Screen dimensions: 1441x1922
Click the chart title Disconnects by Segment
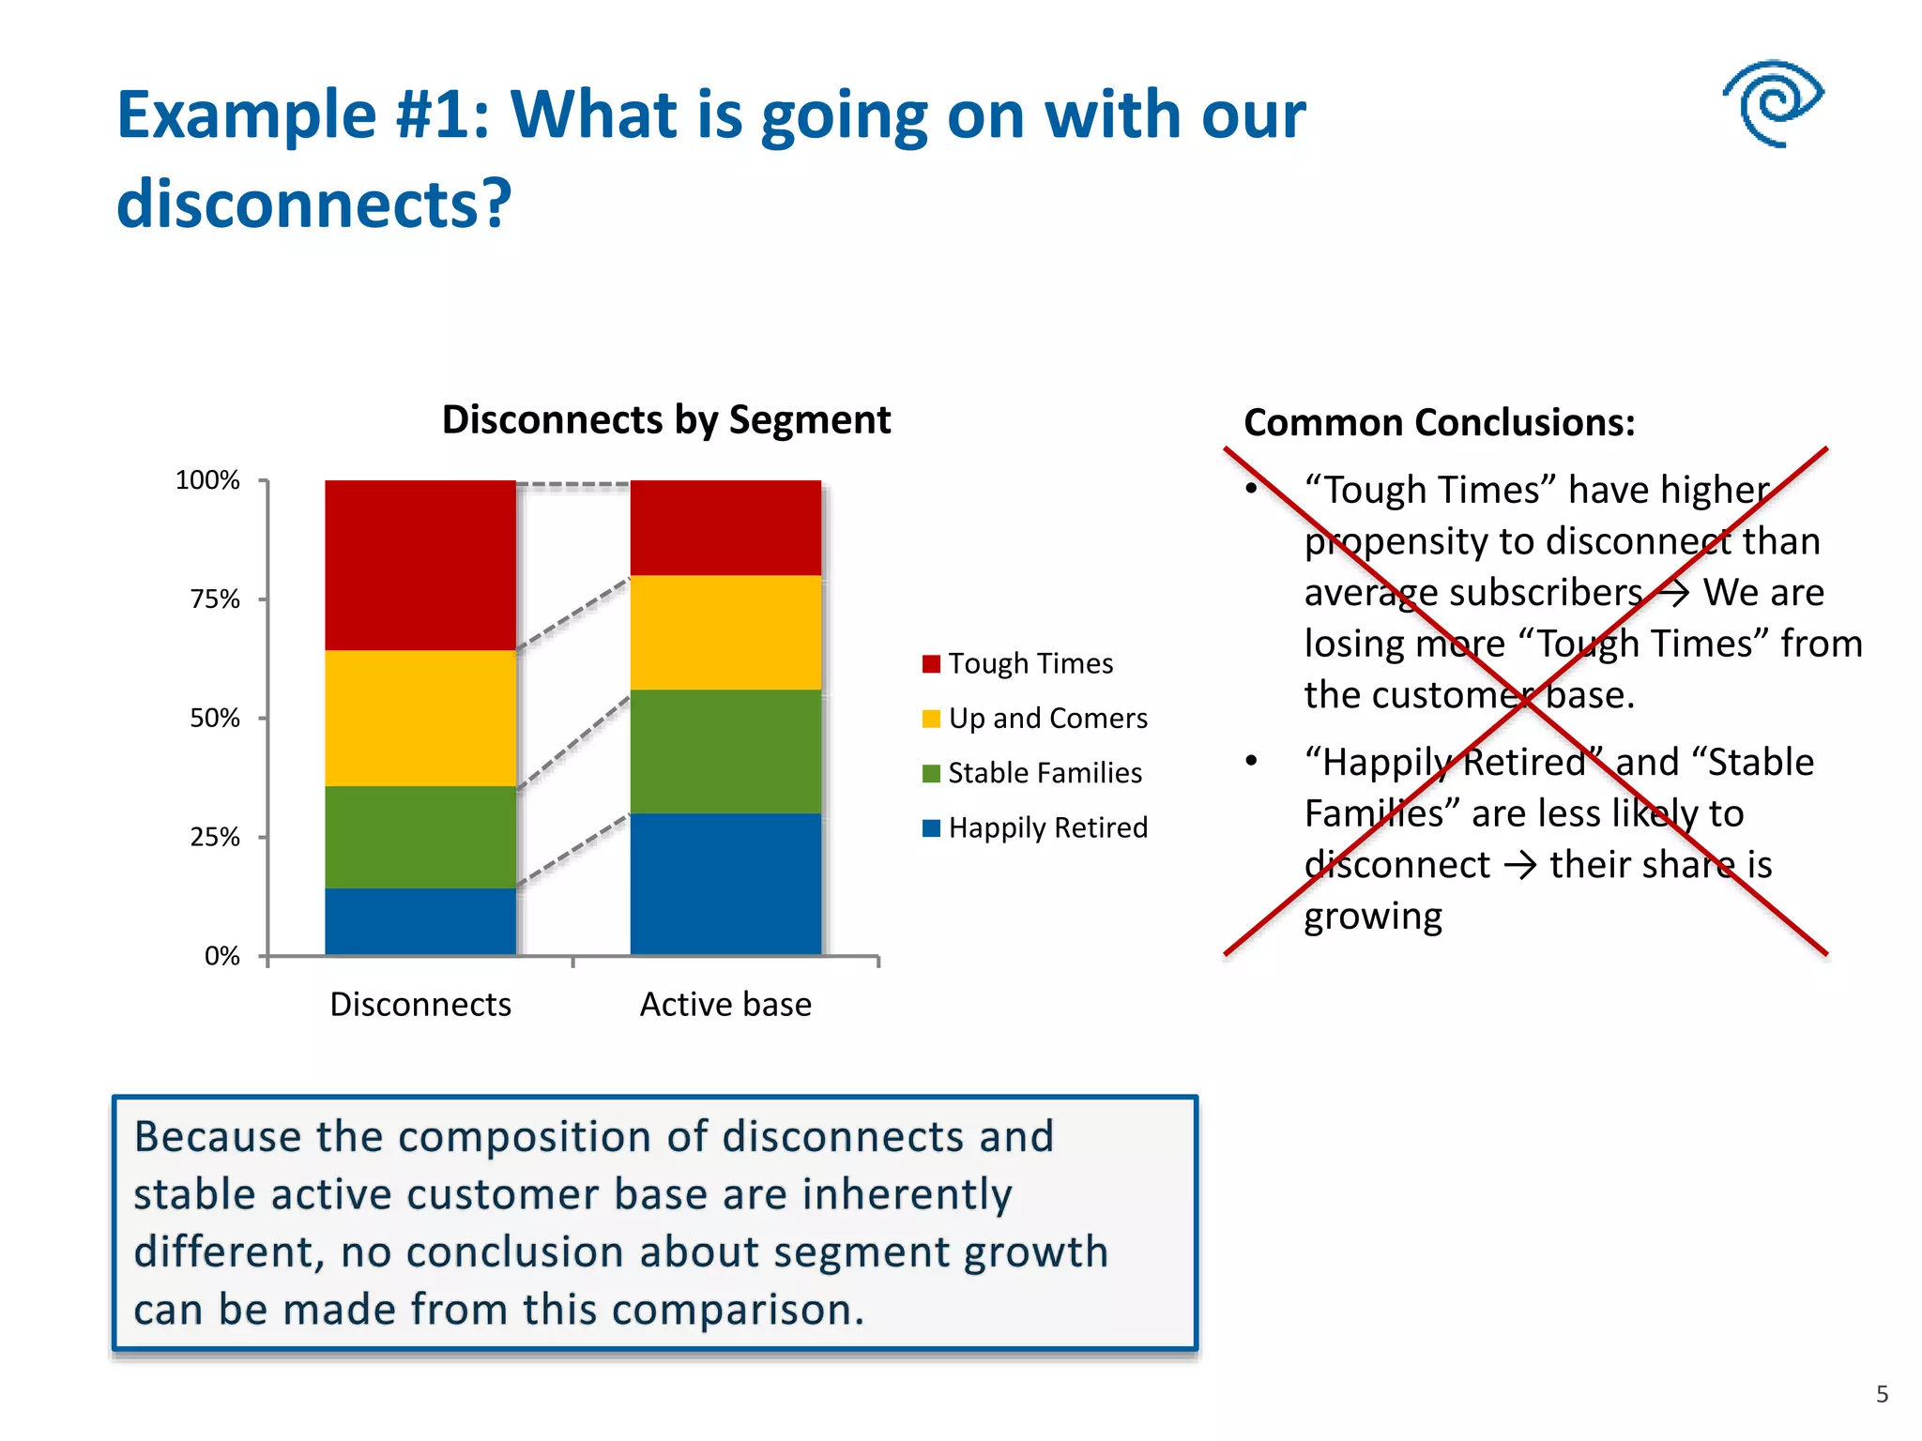(665, 419)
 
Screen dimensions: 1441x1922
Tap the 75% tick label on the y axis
(215, 599)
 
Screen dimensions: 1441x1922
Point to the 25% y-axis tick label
(215, 837)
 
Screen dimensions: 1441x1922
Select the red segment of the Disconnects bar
(420, 565)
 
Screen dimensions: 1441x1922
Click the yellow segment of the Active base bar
(725, 632)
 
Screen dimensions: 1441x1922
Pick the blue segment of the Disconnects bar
(420, 921)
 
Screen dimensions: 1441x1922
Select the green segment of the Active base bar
(725, 751)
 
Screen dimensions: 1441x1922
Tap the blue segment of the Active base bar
(725, 884)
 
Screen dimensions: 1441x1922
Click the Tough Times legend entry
(1030, 663)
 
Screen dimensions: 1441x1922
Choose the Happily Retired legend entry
(1047, 827)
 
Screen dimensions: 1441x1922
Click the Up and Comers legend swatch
(931, 719)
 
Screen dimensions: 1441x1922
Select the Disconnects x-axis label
(420, 1005)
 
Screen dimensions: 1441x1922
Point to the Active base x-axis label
(725, 1005)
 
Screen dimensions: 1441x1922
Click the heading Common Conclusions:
(1439, 423)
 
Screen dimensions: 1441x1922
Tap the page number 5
(1882, 1394)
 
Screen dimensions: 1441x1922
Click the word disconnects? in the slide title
(314, 204)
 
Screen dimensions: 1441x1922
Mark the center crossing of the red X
(1527, 702)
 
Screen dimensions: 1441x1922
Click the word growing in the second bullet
(1372, 917)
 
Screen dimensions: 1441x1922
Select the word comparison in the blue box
(730, 1310)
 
